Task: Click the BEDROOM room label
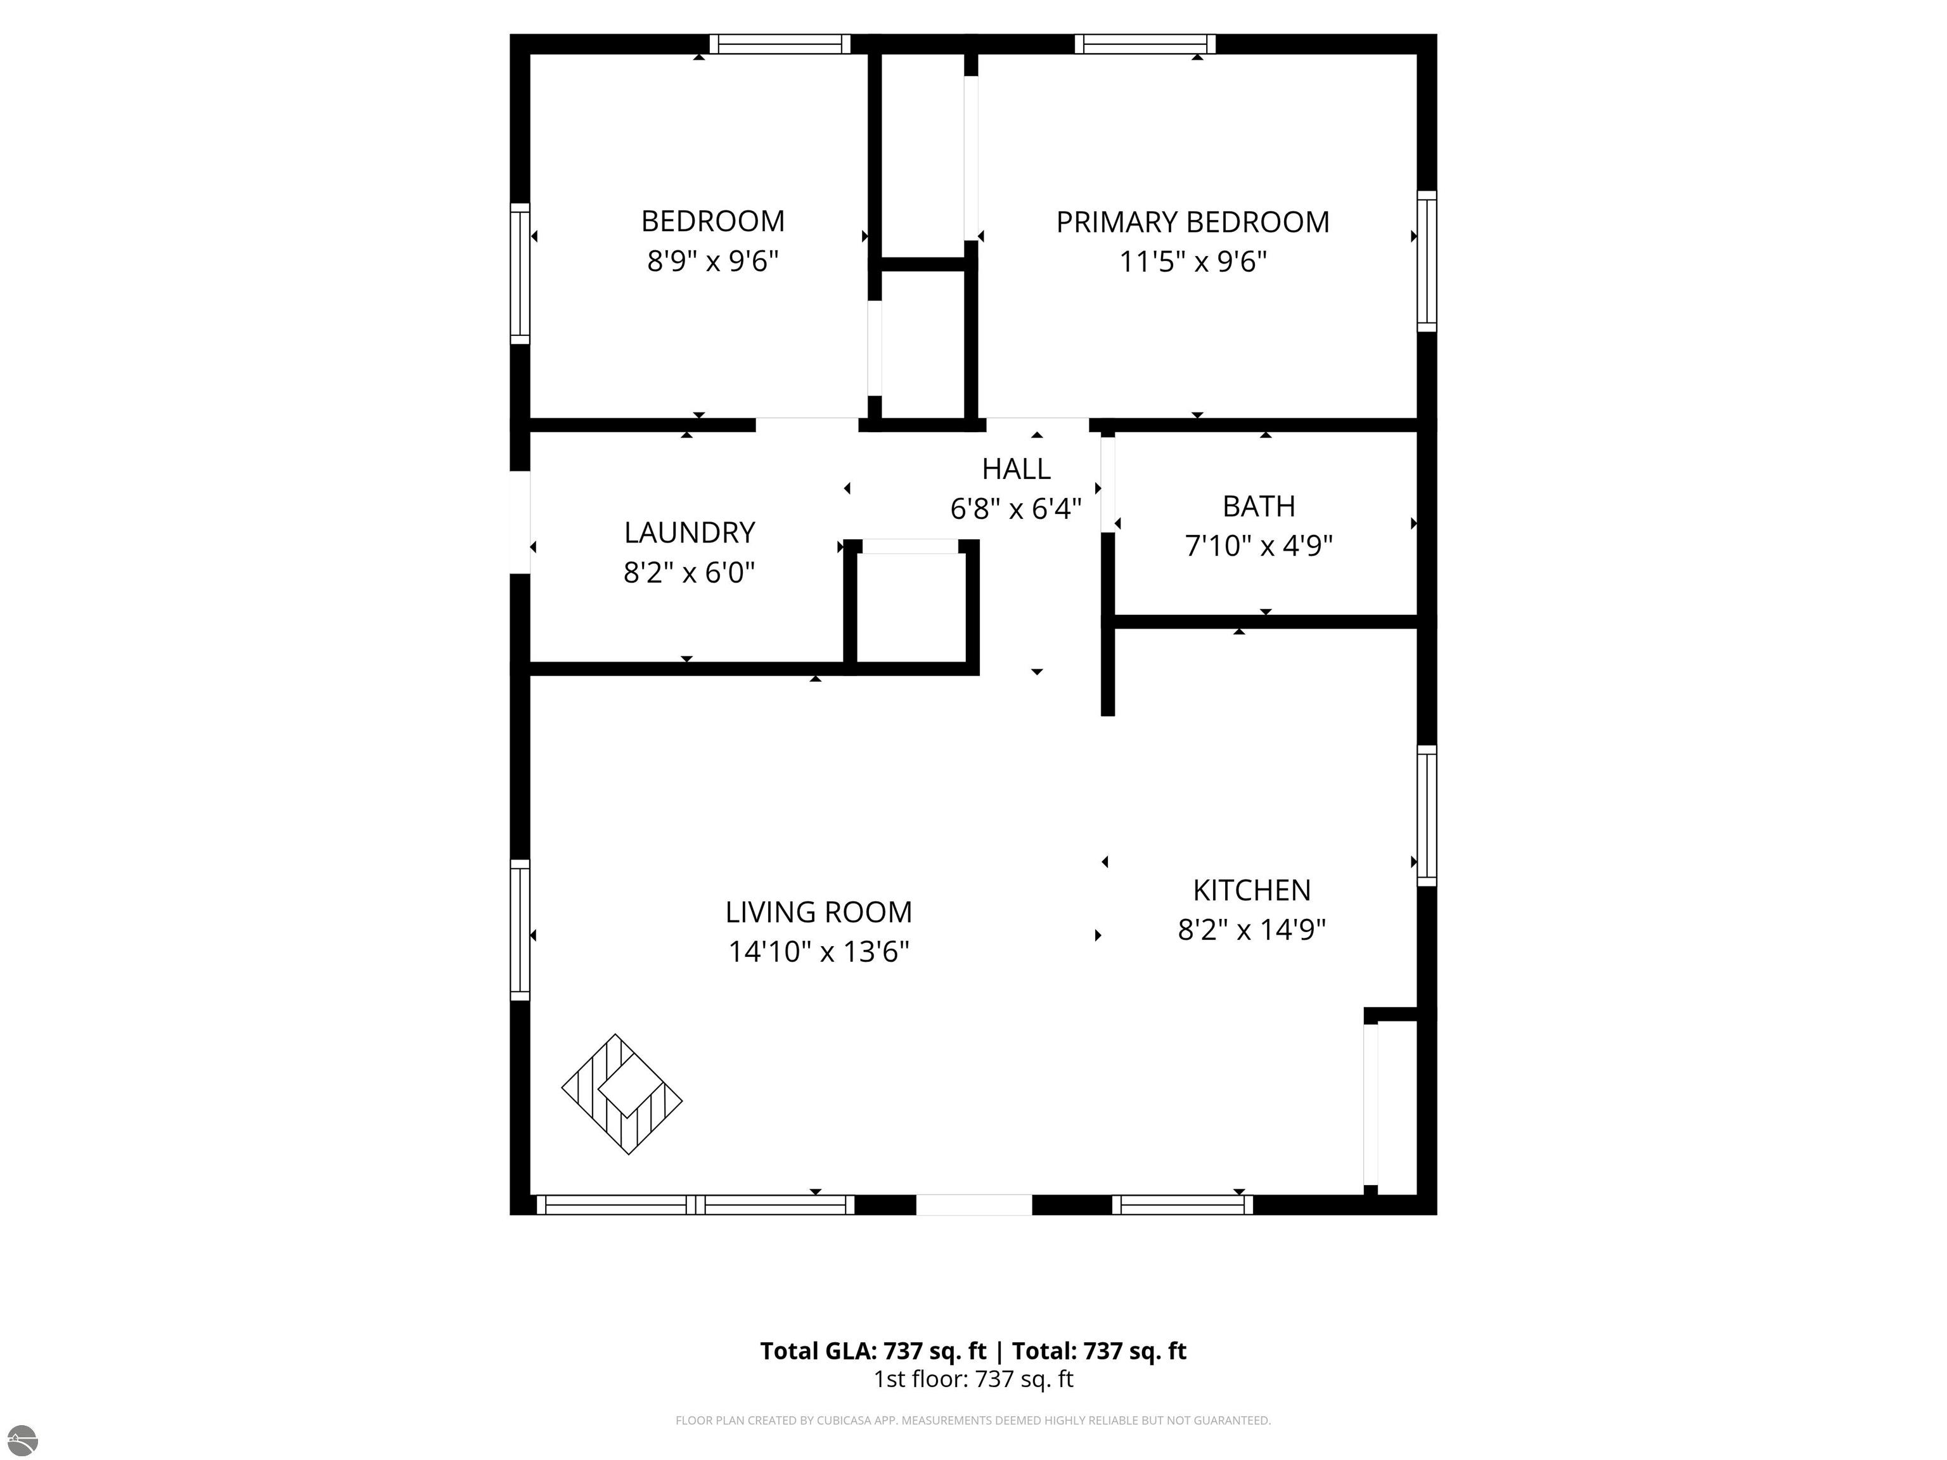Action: tap(712, 221)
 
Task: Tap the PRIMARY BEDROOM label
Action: tap(1193, 222)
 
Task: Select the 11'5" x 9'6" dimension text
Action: tap(1193, 261)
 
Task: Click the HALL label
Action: tap(1016, 469)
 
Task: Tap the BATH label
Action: tap(1259, 506)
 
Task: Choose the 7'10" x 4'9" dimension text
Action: tap(1259, 546)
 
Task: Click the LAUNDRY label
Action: tap(689, 532)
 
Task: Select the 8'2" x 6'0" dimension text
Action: tap(689, 573)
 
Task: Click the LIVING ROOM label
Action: tap(819, 912)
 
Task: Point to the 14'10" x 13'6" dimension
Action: tap(819, 951)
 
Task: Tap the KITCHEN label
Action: tap(1252, 890)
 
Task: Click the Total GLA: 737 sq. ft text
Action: tap(873, 1351)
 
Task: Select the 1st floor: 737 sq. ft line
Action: tap(973, 1379)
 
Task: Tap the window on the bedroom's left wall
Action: tap(520, 274)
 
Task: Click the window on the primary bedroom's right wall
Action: tap(1427, 261)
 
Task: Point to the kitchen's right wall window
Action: tap(1427, 816)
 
